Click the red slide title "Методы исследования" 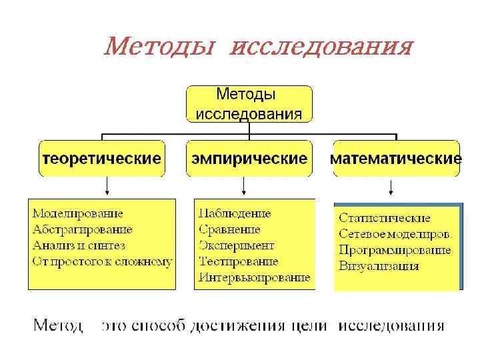pyautogui.click(x=259, y=47)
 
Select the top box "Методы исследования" pyautogui.click(x=249, y=103)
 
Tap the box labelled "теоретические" pyautogui.click(x=102, y=159)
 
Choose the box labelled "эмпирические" pyautogui.click(x=249, y=159)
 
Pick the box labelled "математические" pyautogui.click(x=396, y=159)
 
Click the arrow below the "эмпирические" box pyautogui.click(x=245, y=187)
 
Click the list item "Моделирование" pyautogui.click(x=78, y=213)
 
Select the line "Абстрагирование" pyautogui.click(x=83, y=229)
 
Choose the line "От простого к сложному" pyautogui.click(x=102, y=261)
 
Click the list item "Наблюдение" pyautogui.click(x=235, y=213)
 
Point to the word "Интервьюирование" pyautogui.click(x=254, y=277)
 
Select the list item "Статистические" pyautogui.click(x=385, y=218)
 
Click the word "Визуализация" pyautogui.click(x=379, y=266)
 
